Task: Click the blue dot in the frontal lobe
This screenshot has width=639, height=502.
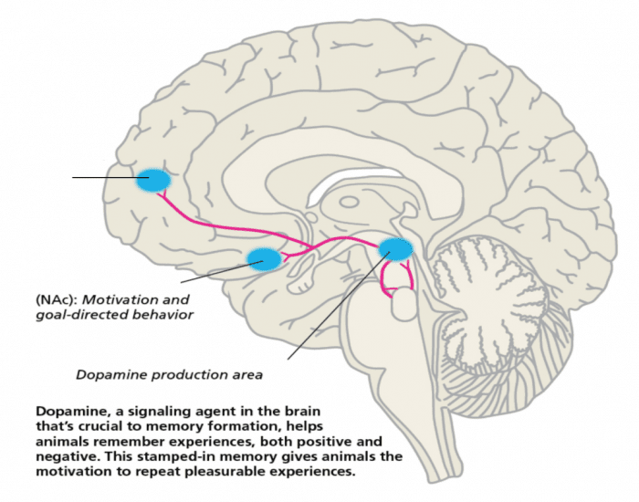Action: tap(152, 180)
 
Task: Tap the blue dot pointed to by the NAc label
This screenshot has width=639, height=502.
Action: tap(264, 259)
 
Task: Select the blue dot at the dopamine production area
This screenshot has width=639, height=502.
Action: tap(395, 247)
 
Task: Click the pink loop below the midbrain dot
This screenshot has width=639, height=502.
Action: tap(398, 279)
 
